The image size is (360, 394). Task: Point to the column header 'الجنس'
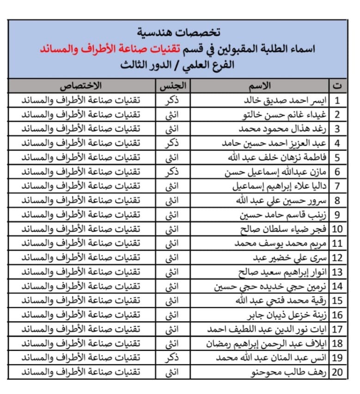click(172, 86)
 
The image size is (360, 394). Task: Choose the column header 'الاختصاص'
click(81, 86)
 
